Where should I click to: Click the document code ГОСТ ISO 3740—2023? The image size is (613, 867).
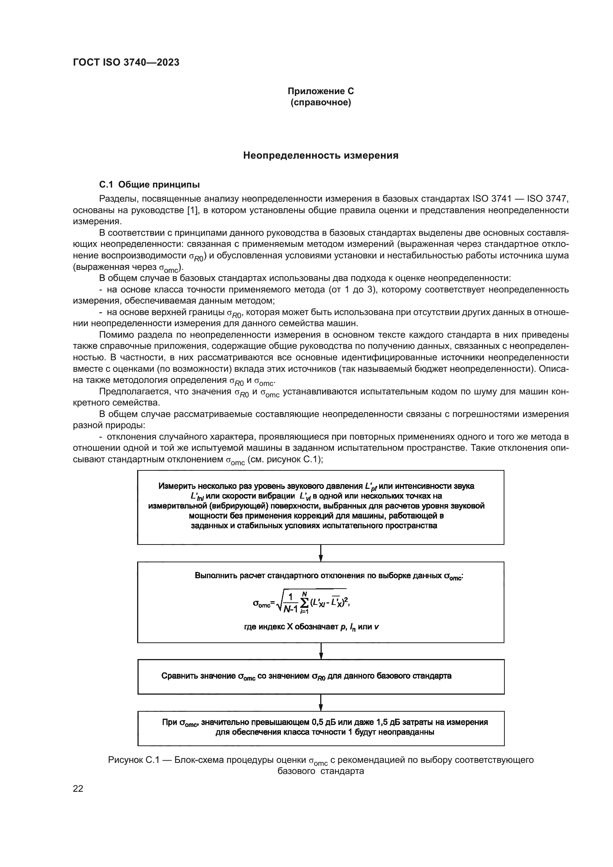click(126, 63)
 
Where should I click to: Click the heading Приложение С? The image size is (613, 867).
click(321, 91)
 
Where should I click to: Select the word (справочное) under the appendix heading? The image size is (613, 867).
click(321, 103)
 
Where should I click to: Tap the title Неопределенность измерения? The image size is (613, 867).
click(321, 156)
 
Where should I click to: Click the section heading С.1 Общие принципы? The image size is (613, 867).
click(149, 185)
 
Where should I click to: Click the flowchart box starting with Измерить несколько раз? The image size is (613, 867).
click(321, 507)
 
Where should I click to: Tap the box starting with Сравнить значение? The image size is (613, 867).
click(321, 676)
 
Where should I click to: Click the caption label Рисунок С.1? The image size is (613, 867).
click(132, 760)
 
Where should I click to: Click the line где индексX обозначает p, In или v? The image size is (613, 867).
click(312, 627)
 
